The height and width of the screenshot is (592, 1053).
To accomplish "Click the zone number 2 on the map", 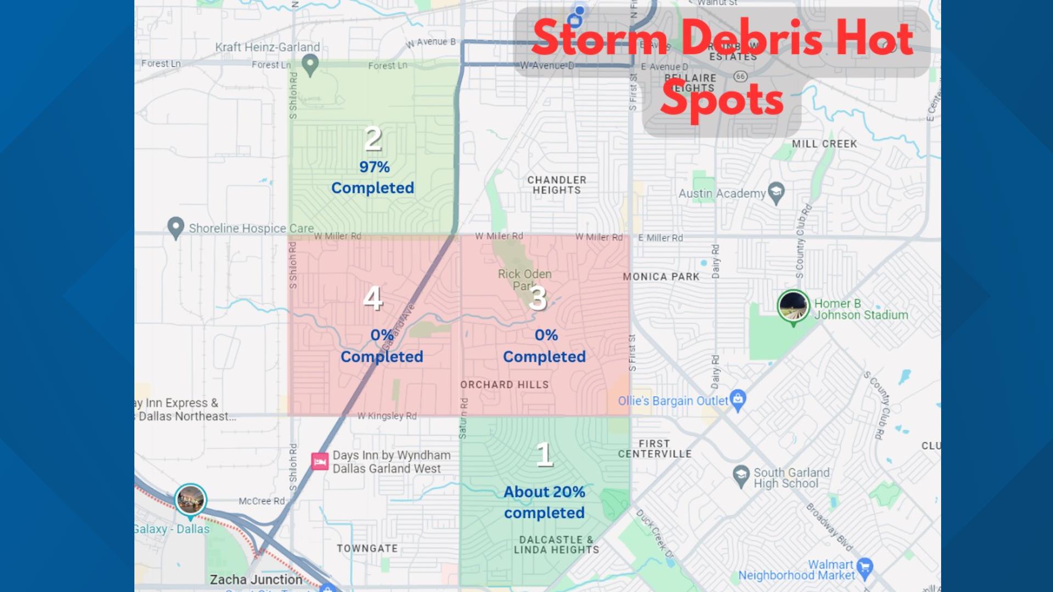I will click(x=373, y=139).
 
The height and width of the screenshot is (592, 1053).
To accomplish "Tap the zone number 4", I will click(x=373, y=299).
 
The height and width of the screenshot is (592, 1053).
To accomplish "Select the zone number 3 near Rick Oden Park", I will click(x=538, y=299).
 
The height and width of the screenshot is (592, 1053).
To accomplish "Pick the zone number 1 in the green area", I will click(x=545, y=454).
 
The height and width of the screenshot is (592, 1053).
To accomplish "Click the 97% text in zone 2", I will click(x=375, y=167).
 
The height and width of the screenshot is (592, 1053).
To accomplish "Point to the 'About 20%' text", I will click(x=544, y=492).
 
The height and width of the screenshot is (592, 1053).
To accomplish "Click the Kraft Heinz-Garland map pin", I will click(x=310, y=65).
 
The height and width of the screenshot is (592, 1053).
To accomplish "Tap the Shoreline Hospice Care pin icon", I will click(x=175, y=227).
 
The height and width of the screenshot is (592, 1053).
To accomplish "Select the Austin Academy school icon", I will click(x=776, y=192).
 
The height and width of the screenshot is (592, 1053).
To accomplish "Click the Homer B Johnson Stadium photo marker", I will click(x=793, y=306).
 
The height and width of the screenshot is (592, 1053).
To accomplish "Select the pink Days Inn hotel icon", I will click(x=320, y=461).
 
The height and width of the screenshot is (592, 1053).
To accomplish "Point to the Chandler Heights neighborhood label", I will click(x=557, y=185).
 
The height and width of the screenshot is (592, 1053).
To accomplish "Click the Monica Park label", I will click(x=661, y=277).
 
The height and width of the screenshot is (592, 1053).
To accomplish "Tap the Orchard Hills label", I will click(x=505, y=385).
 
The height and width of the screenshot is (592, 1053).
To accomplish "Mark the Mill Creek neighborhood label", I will click(x=824, y=144).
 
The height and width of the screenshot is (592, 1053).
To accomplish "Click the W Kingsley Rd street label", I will click(x=387, y=416).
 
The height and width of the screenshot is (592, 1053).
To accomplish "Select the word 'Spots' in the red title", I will click(x=722, y=100).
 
